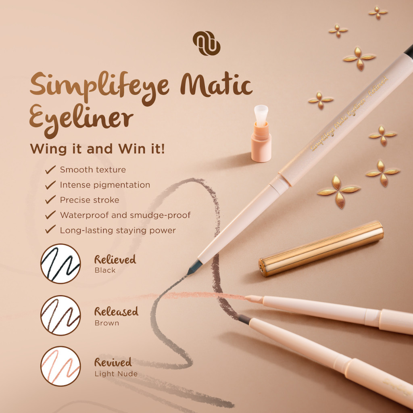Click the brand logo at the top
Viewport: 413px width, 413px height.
click(206, 43)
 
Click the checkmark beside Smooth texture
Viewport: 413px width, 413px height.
click(50, 170)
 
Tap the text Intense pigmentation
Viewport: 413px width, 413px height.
click(105, 185)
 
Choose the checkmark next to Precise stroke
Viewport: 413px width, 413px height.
click(50, 200)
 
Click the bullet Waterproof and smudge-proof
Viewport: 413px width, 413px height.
click(125, 215)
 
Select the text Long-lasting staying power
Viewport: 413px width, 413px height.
click(118, 231)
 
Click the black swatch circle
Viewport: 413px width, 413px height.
click(60, 263)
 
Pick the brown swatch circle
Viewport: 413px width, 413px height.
click(60, 315)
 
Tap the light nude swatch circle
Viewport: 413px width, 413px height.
click(60, 366)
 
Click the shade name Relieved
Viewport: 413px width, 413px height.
click(115, 260)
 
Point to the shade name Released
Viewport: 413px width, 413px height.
click(116, 311)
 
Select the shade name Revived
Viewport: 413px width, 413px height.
click(113, 363)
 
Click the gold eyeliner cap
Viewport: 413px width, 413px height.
click(321, 248)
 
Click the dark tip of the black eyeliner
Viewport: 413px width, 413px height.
click(194, 267)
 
